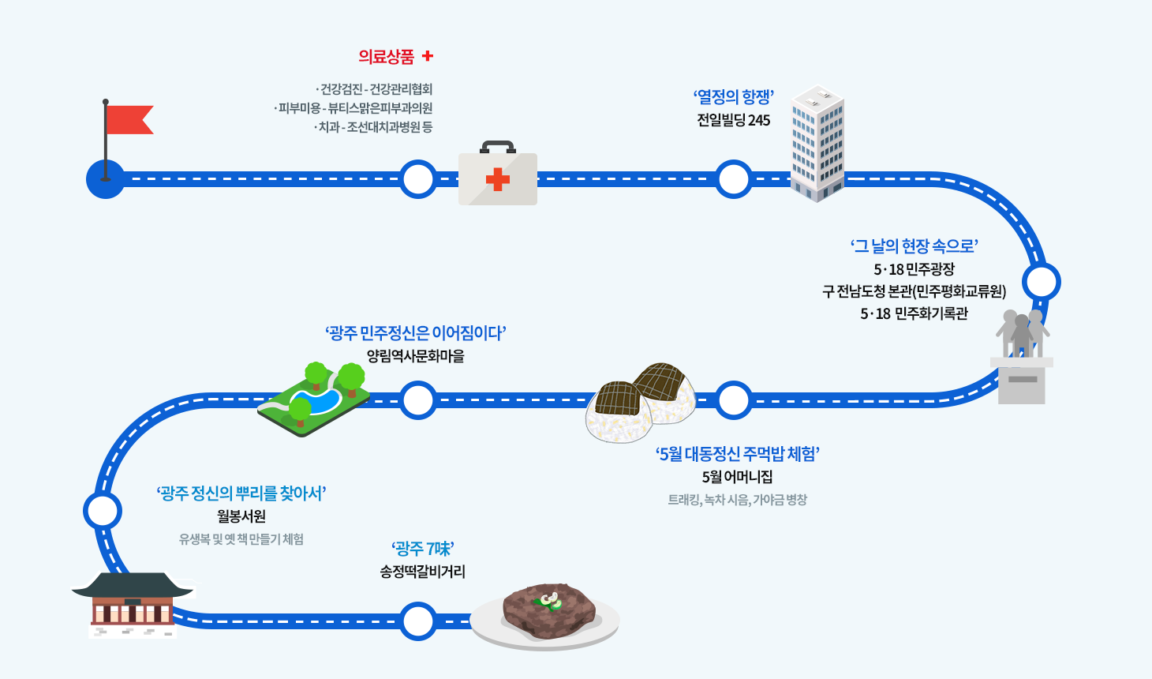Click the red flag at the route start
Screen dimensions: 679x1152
point(128,119)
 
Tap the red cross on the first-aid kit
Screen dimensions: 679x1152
point(497,179)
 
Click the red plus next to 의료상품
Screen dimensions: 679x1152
point(428,56)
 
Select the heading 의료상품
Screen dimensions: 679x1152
point(386,56)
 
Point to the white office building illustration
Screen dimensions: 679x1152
point(817,143)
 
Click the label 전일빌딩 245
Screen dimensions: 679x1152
point(733,120)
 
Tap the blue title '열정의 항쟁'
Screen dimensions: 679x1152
point(733,97)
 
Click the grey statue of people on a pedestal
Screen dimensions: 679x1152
point(1022,355)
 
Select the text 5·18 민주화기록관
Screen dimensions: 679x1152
point(914,313)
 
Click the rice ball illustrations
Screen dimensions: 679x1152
point(641,401)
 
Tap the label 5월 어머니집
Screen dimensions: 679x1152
point(737,477)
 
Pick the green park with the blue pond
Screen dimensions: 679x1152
point(314,399)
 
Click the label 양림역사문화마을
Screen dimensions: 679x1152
point(415,356)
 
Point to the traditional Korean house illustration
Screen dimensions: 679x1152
point(133,604)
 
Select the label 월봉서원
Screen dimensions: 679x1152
point(241,516)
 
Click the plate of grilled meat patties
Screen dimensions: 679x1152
point(545,616)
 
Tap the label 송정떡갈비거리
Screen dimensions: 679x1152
point(422,572)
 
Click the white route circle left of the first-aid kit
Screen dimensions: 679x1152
point(417,179)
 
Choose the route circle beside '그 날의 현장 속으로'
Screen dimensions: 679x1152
point(1041,282)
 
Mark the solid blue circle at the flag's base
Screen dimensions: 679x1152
point(105,179)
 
